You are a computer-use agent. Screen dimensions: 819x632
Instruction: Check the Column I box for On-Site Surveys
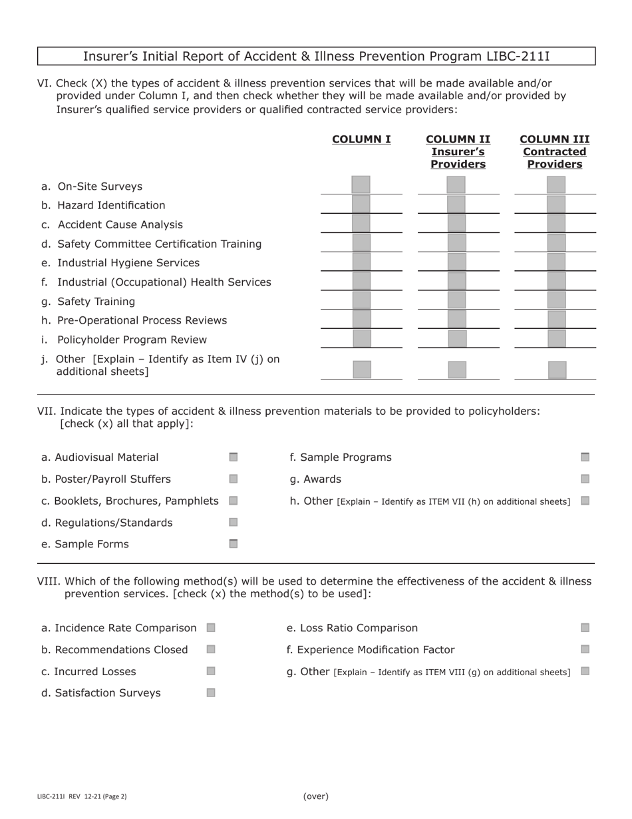pos(361,184)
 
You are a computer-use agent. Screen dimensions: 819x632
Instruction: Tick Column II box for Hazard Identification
pos(456,204)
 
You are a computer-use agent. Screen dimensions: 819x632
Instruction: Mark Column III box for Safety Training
pos(556,300)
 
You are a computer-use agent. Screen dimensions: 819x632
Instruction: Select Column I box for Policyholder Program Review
pos(361,338)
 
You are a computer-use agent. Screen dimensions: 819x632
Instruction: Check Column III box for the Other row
pos(557,370)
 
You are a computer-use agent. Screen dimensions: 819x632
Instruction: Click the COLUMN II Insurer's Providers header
pos(458,152)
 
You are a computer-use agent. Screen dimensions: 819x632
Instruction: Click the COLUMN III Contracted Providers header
pos(554,152)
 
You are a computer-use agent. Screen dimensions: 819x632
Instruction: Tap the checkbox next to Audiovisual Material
pos(234,457)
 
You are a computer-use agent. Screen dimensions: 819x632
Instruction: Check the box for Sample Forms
pos(234,544)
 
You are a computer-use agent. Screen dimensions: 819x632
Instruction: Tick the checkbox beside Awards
pos(585,479)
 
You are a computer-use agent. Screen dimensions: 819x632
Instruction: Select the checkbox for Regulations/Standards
pos(234,522)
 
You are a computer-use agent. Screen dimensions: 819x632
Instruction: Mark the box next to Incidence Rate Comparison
pos(211,627)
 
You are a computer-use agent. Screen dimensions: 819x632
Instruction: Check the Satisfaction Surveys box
pos(211,692)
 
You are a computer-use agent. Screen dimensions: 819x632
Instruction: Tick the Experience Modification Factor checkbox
pos(585,649)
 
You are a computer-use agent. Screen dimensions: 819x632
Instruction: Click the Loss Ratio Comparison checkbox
pos(585,627)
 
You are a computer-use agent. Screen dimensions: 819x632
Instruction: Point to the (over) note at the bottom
pos(316,796)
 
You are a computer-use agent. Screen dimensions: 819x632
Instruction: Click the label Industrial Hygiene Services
pos(128,263)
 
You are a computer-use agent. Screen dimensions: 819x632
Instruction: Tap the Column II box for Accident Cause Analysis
pos(456,223)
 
